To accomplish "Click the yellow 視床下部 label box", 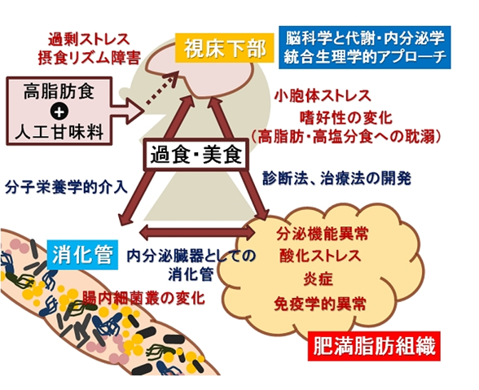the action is [x=225, y=48].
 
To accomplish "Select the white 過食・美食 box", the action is [x=196, y=155].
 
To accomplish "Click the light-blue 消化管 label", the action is [x=82, y=255].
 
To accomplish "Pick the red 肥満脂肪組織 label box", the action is [x=374, y=346].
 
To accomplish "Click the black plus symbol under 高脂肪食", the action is [x=59, y=112].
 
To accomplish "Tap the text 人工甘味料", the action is [x=59, y=133].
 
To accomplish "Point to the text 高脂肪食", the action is [x=59, y=91].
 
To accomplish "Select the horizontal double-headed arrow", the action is [x=197, y=232].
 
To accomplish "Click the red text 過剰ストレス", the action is [x=89, y=39].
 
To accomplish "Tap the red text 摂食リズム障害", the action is [x=90, y=57].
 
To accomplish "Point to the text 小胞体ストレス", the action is [x=323, y=95].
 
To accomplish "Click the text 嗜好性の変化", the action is [x=346, y=117].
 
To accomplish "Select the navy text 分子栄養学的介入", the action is [x=66, y=187].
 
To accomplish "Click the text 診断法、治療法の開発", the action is [x=336, y=178].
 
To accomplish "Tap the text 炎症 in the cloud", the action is [x=319, y=278].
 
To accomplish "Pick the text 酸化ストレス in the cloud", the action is [x=320, y=255].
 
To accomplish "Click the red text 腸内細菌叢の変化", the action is [x=143, y=298].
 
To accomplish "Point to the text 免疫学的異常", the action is [x=320, y=303].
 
